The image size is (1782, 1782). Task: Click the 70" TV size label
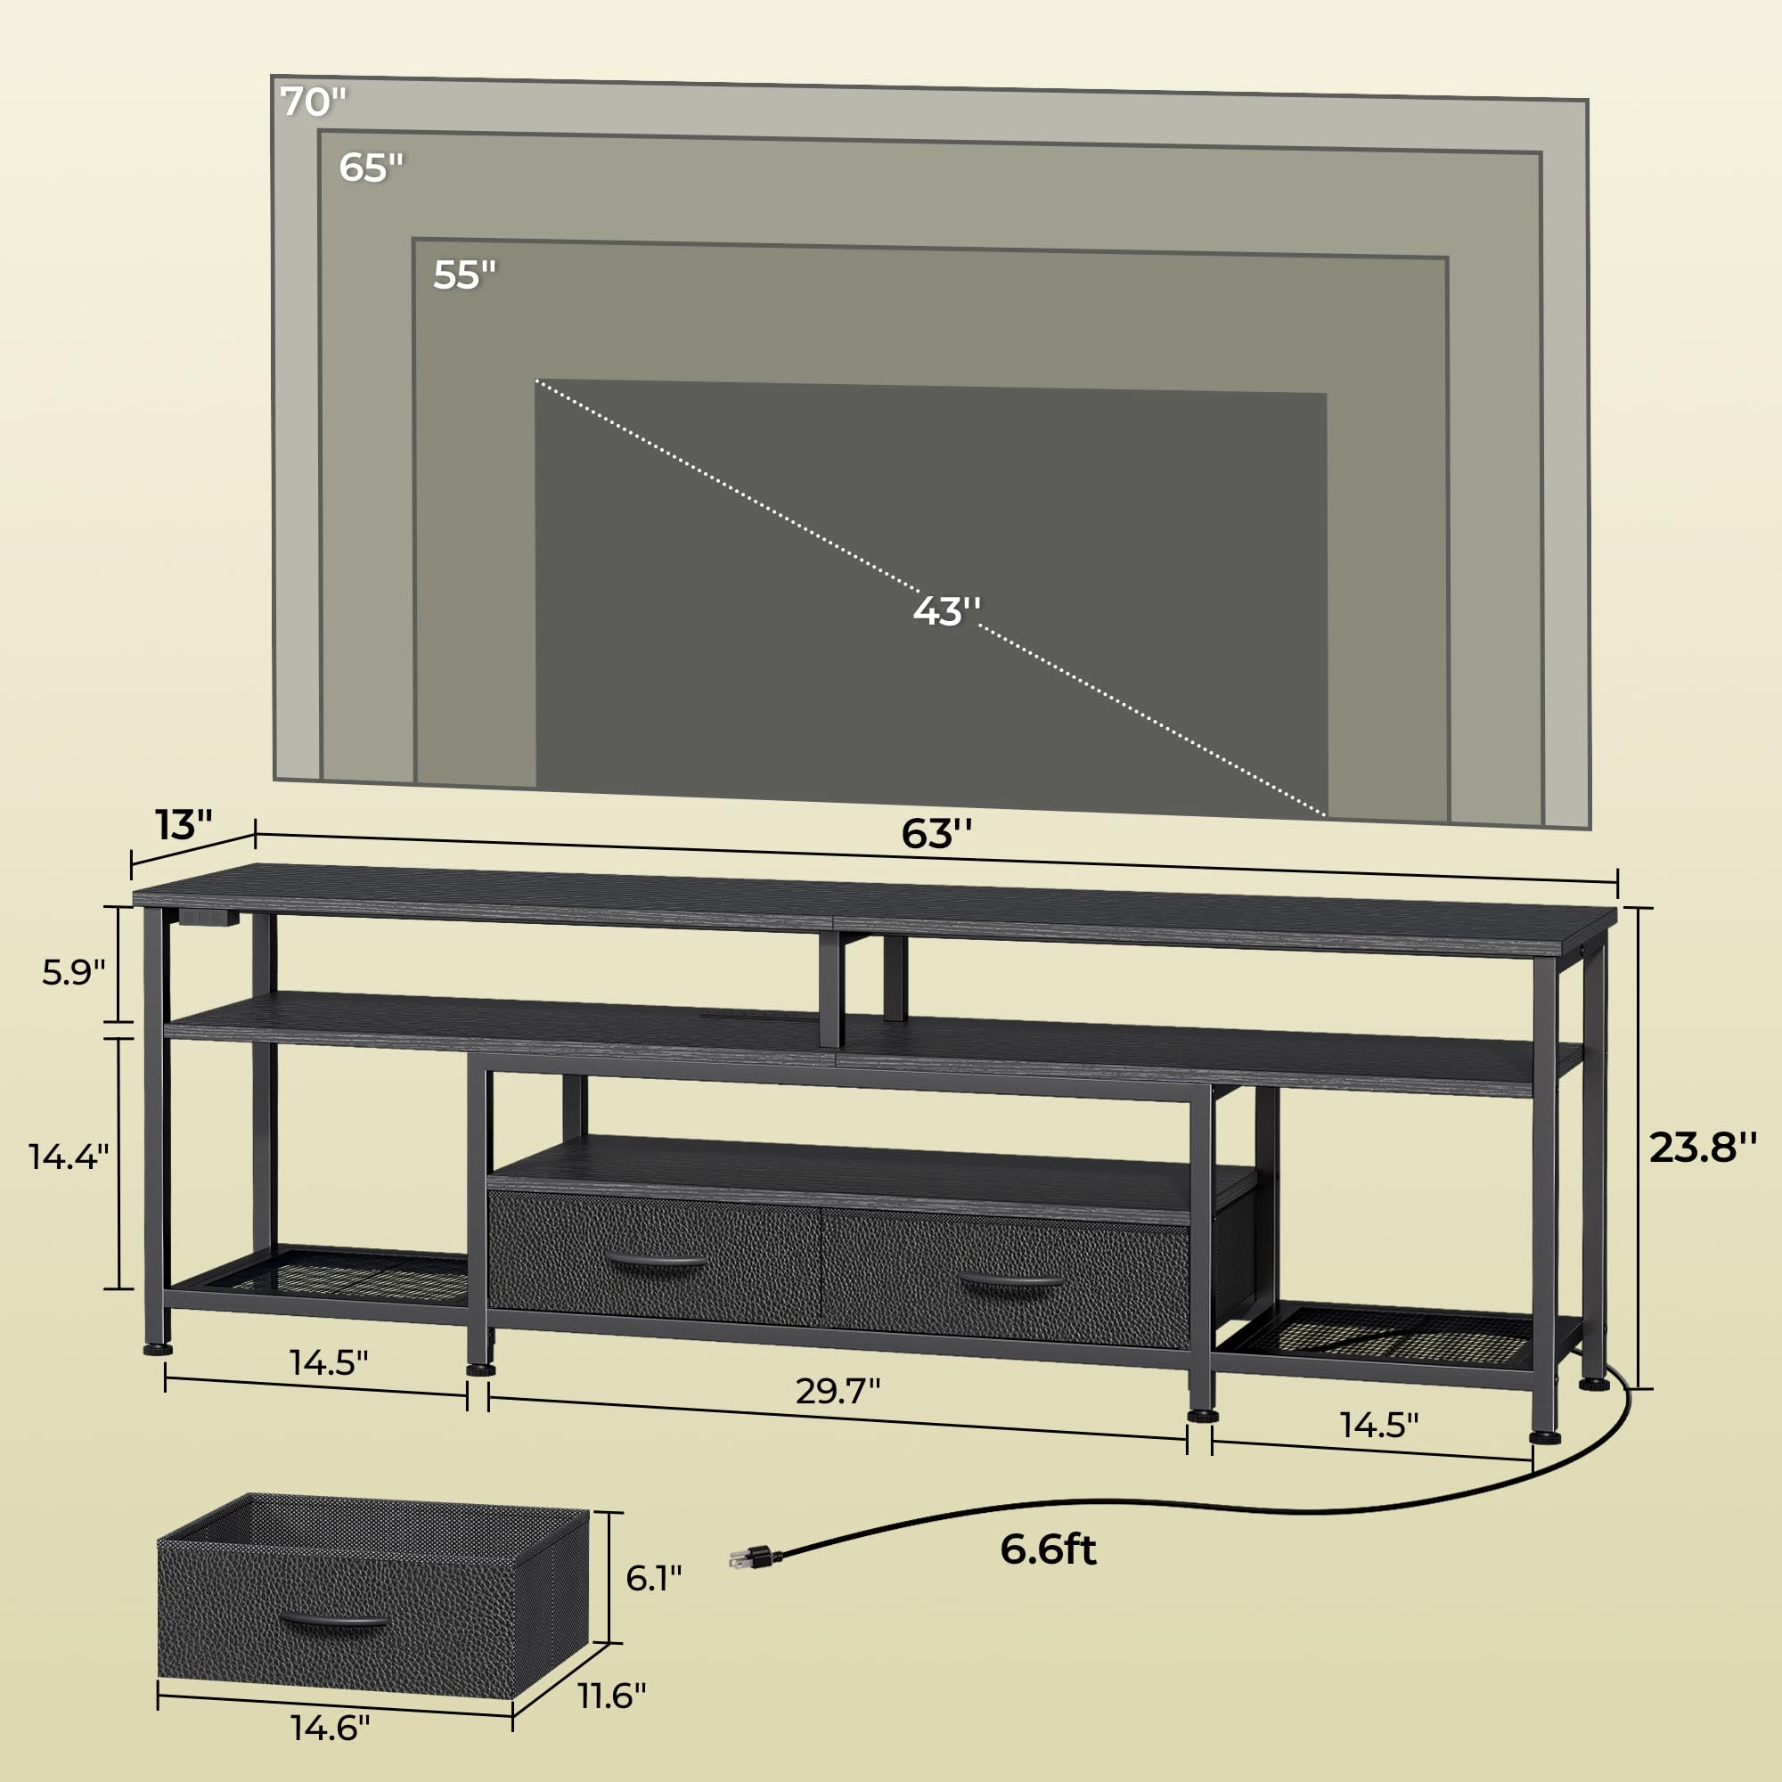[x=314, y=102]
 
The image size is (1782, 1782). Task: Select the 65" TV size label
[x=371, y=168]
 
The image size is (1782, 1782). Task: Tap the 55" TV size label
[x=464, y=274]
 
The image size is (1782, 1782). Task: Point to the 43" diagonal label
[x=946, y=610]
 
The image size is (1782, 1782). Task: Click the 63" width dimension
[x=936, y=834]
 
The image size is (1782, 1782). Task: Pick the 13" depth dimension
[x=184, y=824]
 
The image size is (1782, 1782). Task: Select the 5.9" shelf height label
[x=74, y=972]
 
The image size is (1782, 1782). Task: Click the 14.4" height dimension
[x=69, y=1156]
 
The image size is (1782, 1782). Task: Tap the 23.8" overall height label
[x=1703, y=1148]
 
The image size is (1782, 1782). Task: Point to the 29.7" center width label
[x=838, y=1390]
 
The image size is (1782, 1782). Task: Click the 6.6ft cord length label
[x=1048, y=1549]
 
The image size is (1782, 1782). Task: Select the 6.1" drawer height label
[x=653, y=1578]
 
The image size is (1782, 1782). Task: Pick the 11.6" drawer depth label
[x=612, y=1696]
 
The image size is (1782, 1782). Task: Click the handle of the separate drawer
[x=332, y=1622]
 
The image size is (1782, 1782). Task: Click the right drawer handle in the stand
[x=1011, y=1283]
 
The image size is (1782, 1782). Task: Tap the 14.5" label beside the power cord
[x=1379, y=1425]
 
